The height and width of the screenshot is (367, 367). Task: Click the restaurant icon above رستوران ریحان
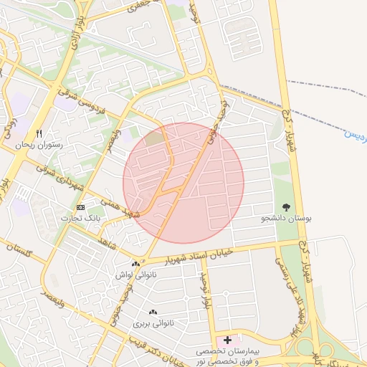pyautogui.click(x=39, y=133)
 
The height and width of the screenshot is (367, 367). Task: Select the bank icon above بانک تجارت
pyautogui.click(x=80, y=207)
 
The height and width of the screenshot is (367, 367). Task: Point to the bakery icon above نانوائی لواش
pyautogui.click(x=135, y=264)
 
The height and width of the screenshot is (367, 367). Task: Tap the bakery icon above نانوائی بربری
pyautogui.click(x=152, y=313)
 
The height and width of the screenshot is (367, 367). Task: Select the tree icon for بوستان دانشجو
pyautogui.click(x=287, y=206)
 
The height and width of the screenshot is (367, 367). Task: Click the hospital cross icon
pyautogui.click(x=227, y=339)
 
